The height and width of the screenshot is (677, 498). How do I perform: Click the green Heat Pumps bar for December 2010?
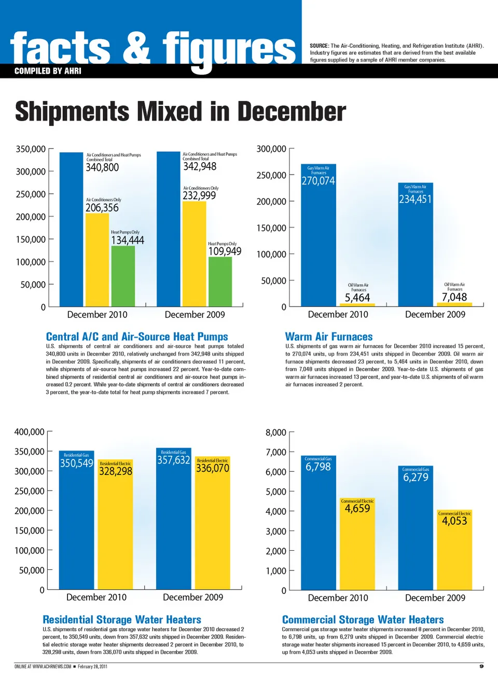pos(123,276)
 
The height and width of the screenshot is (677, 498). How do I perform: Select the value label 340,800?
pos(102,167)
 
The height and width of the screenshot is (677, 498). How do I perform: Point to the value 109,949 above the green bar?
pos(225,251)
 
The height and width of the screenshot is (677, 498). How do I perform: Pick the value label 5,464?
pos(357,298)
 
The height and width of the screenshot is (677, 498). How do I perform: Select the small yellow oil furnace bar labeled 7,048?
pos(454,304)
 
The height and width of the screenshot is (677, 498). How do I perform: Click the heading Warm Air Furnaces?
pos(329,337)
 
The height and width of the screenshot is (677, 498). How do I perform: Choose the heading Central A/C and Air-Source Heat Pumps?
pos(137,337)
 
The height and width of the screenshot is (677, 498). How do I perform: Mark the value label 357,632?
pos(173,460)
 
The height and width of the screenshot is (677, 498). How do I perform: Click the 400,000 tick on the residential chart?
pos(30,432)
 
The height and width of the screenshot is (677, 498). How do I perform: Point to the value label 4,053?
pos(454,521)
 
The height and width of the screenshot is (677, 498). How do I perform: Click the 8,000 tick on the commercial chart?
pos(276,432)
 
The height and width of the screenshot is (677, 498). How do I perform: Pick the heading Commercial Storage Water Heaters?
pos(363,620)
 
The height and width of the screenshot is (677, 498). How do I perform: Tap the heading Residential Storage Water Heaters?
pos(122,620)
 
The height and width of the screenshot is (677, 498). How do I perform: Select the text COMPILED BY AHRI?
pos(48,71)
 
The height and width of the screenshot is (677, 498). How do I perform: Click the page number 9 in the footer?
pos(481,666)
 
